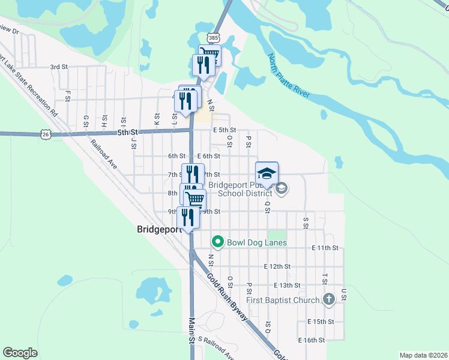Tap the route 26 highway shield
(46, 134)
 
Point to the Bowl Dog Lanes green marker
(217, 242)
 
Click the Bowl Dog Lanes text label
(256, 242)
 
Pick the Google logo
(20, 353)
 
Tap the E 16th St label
(312, 340)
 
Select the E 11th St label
(326, 248)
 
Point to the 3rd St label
(58, 67)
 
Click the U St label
(344, 294)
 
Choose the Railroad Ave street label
(104, 154)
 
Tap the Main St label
(193, 331)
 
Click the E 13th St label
(286, 286)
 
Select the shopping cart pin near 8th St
(194, 198)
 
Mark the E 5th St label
(224, 130)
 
